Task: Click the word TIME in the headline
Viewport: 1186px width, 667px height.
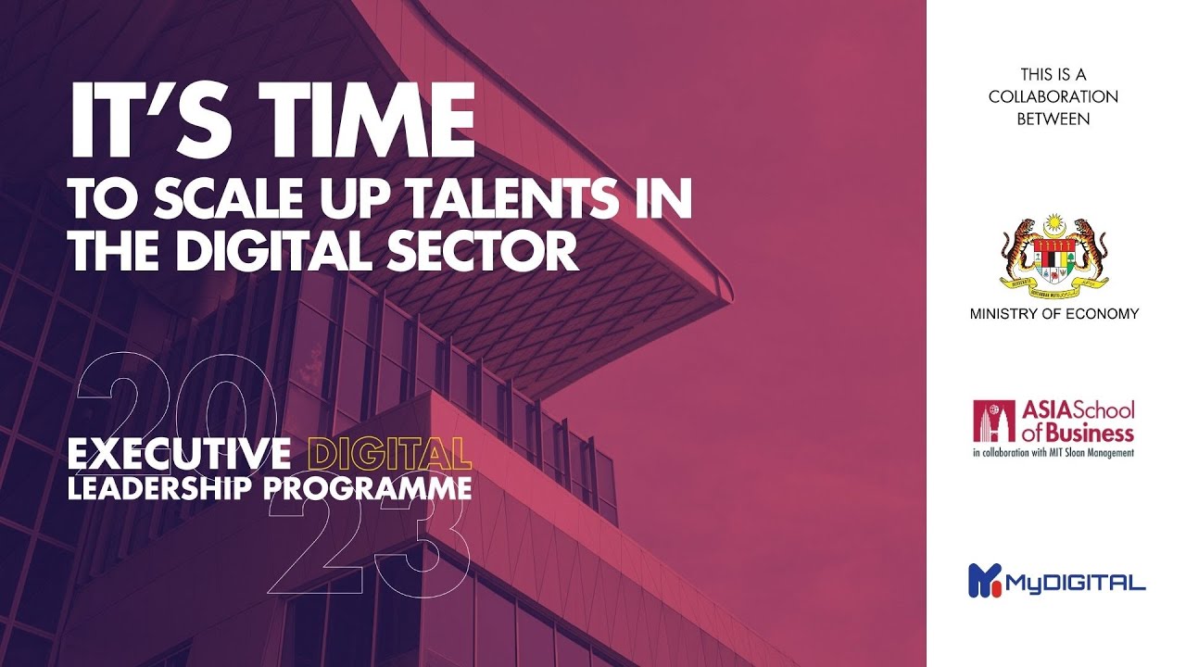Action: pos(365,124)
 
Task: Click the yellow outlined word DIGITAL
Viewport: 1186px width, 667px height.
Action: pos(388,455)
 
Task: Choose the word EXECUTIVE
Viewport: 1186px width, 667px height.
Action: pos(180,455)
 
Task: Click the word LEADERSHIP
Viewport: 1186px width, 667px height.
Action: pos(161,487)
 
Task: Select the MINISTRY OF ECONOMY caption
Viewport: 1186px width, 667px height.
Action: pos(1054,314)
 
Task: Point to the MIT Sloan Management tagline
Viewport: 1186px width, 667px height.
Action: pos(1054,453)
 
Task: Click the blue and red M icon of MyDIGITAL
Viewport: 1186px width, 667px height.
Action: pos(984,580)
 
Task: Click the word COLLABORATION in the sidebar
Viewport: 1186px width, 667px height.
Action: pos(1054,96)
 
